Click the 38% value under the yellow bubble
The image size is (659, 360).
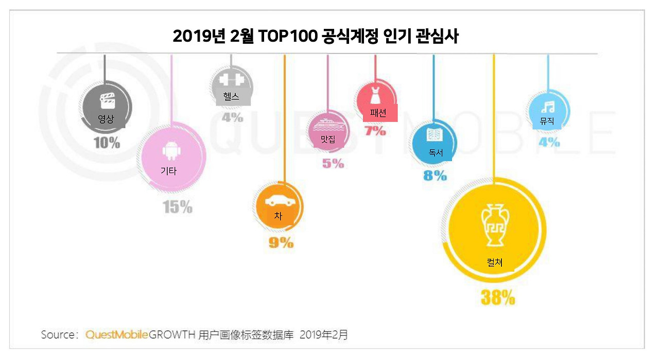[497, 297]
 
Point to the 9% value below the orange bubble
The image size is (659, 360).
[281, 242]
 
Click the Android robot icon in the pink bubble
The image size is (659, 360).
[169, 152]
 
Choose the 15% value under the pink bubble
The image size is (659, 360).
[178, 207]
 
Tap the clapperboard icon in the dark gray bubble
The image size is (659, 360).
[107, 100]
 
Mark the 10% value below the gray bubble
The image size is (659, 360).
[107, 143]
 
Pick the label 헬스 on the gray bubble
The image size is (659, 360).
[231, 97]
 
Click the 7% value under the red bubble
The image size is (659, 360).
[375, 131]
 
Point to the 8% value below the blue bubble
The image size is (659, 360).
[435, 175]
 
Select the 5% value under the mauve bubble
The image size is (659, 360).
[333, 163]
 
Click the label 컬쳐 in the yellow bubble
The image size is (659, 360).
[494, 263]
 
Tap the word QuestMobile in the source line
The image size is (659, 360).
[116, 335]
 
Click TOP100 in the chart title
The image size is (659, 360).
[285, 37]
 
